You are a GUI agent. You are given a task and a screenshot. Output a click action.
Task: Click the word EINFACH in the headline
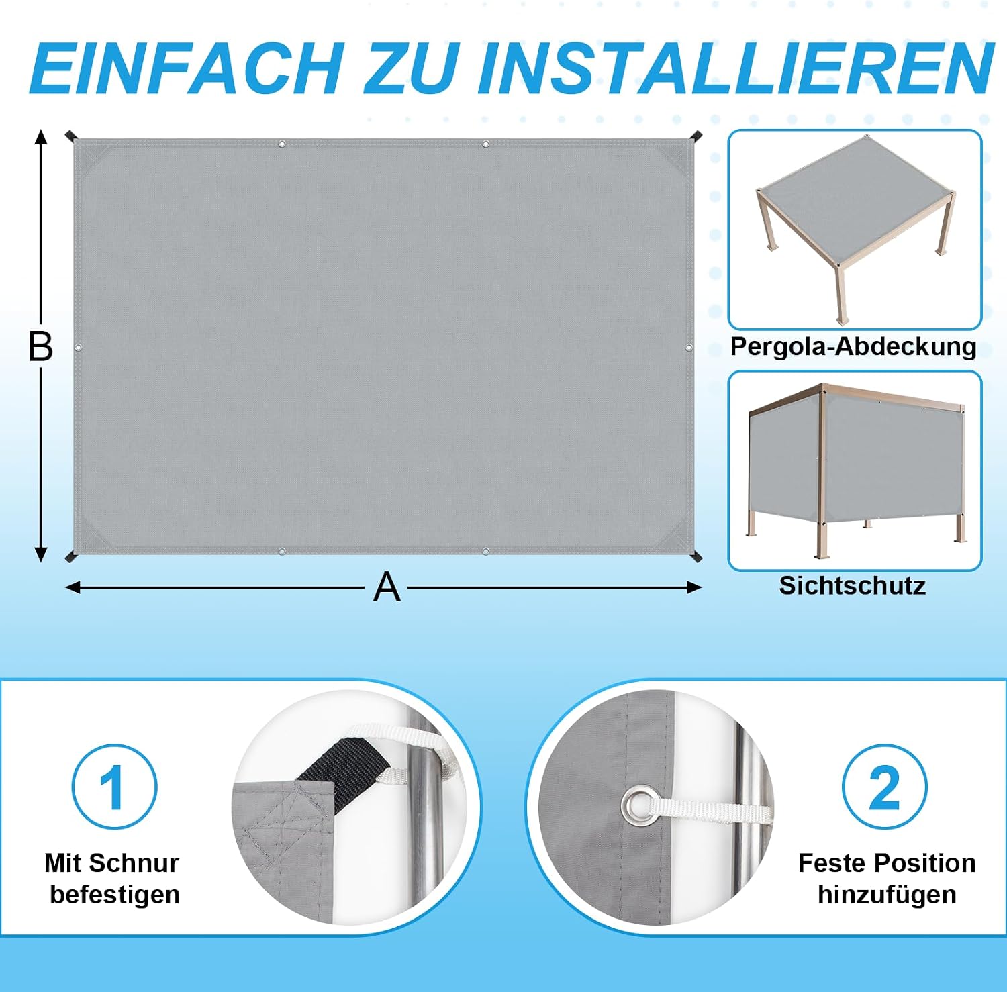pyautogui.click(x=185, y=68)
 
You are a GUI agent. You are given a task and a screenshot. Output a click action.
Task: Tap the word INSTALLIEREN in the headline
pyautogui.click(x=736, y=68)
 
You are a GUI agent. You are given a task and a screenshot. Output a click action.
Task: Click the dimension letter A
pyautogui.click(x=387, y=588)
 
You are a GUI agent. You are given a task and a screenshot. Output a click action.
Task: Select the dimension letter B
pyautogui.click(x=40, y=347)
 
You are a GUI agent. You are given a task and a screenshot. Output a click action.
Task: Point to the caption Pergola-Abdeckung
pyautogui.click(x=853, y=347)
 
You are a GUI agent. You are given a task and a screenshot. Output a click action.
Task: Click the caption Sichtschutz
pyautogui.click(x=853, y=585)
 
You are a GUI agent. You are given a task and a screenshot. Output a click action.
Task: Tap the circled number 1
pyautogui.click(x=114, y=787)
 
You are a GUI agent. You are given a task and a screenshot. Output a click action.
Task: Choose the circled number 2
pyautogui.click(x=884, y=787)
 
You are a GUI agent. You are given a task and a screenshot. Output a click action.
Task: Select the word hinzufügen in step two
pyautogui.click(x=887, y=895)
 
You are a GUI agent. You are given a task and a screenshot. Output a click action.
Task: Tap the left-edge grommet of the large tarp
pyautogui.click(x=78, y=348)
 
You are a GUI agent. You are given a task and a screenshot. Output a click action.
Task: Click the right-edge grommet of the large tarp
pyautogui.click(x=689, y=347)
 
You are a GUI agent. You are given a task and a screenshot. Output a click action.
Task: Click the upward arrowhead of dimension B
pyautogui.click(x=41, y=137)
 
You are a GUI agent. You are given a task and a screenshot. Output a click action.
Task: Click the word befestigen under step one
pyautogui.click(x=115, y=895)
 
